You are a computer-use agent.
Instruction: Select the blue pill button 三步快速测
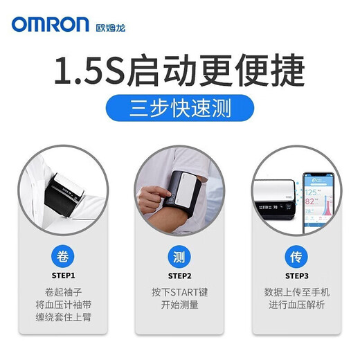pos(179,109)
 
